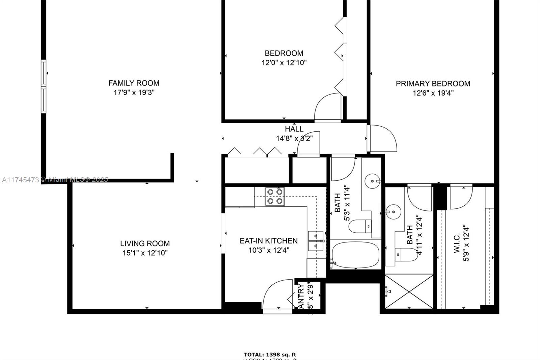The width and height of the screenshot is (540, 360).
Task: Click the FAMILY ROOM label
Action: pos(134,83)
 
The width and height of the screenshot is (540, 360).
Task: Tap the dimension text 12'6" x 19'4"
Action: pos(433,93)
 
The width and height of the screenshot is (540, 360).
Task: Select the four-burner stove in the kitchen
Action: pos(274,197)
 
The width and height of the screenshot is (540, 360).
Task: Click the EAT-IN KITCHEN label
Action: pos(269,241)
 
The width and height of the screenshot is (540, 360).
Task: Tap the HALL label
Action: pos(294,129)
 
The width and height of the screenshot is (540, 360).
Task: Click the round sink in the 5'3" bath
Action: pos(372,181)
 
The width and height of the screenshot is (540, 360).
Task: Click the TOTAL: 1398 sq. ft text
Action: pos(270,355)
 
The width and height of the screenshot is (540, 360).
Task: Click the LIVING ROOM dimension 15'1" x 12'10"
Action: pos(145,253)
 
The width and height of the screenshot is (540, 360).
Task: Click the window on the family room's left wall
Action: pos(44,86)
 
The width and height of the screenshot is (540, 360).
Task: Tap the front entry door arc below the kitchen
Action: pos(277,294)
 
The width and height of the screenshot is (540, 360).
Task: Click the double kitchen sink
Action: pos(316,241)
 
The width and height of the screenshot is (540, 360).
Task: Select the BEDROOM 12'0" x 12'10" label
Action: pos(284,58)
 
